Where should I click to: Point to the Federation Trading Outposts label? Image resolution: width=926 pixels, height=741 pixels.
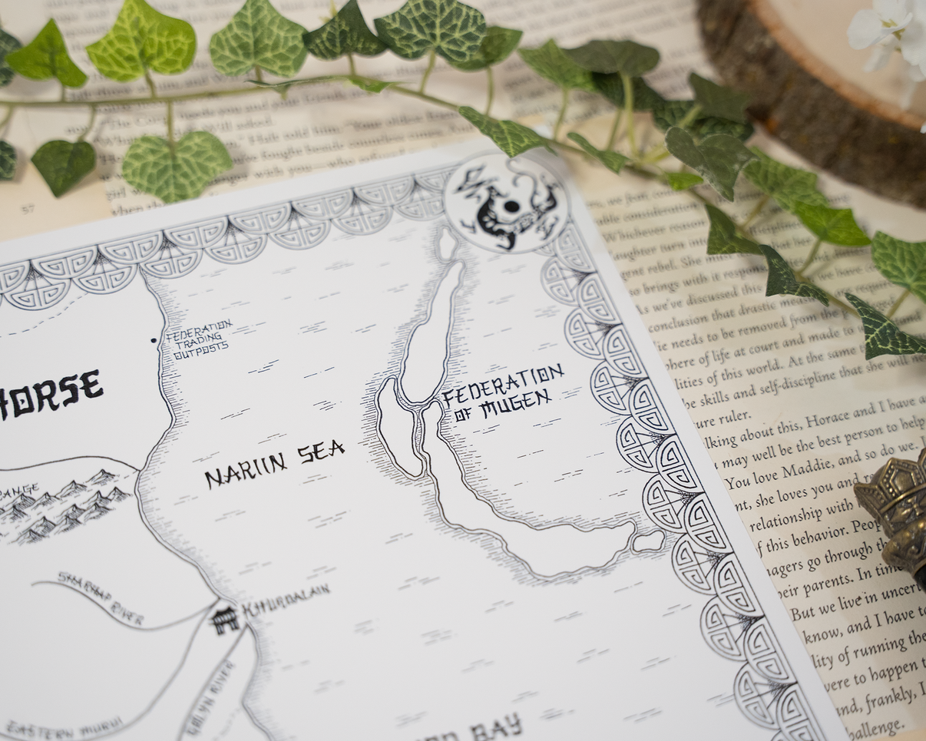click(197, 338)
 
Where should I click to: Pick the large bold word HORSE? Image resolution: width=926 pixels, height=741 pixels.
click(51, 394)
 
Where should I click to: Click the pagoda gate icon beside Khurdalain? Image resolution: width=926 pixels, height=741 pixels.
click(224, 619)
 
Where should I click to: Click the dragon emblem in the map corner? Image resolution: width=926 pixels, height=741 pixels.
click(507, 203)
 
